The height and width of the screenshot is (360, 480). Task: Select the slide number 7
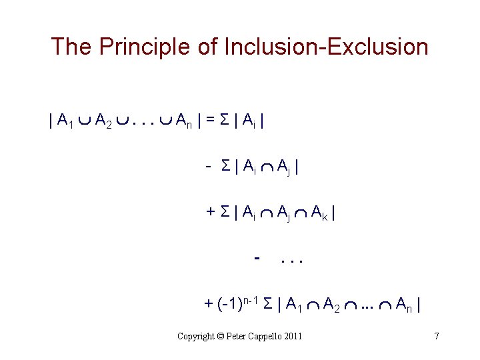coord(436,336)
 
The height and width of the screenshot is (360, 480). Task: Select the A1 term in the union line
coord(66,121)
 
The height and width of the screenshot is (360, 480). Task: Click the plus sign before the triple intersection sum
coord(210,211)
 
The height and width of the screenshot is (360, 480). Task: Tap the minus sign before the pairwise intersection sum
coord(209,166)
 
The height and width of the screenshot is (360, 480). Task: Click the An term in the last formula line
coord(403,305)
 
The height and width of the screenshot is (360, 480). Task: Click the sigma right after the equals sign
coord(223,121)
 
